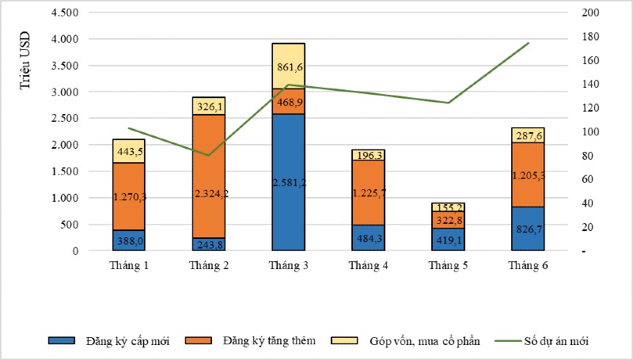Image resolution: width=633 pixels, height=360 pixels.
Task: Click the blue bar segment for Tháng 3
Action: pyautogui.click(x=288, y=182)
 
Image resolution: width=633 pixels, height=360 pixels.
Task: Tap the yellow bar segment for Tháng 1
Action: pyautogui.click(x=129, y=150)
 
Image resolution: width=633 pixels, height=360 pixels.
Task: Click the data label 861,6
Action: pyautogui.click(x=288, y=57)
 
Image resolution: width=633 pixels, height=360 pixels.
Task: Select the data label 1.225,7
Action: pyautogui.click(x=368, y=193)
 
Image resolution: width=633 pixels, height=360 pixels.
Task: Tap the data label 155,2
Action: pyautogui.click(x=448, y=207)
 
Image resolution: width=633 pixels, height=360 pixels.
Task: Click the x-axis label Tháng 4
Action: pyautogui.click(x=368, y=265)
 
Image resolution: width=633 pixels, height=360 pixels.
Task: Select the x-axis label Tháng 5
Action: pyautogui.click(x=448, y=265)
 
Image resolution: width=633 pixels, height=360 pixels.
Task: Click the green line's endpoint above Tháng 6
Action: pyautogui.click(x=528, y=43)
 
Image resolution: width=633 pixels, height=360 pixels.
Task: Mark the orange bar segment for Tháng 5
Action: pyautogui.click(x=448, y=219)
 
